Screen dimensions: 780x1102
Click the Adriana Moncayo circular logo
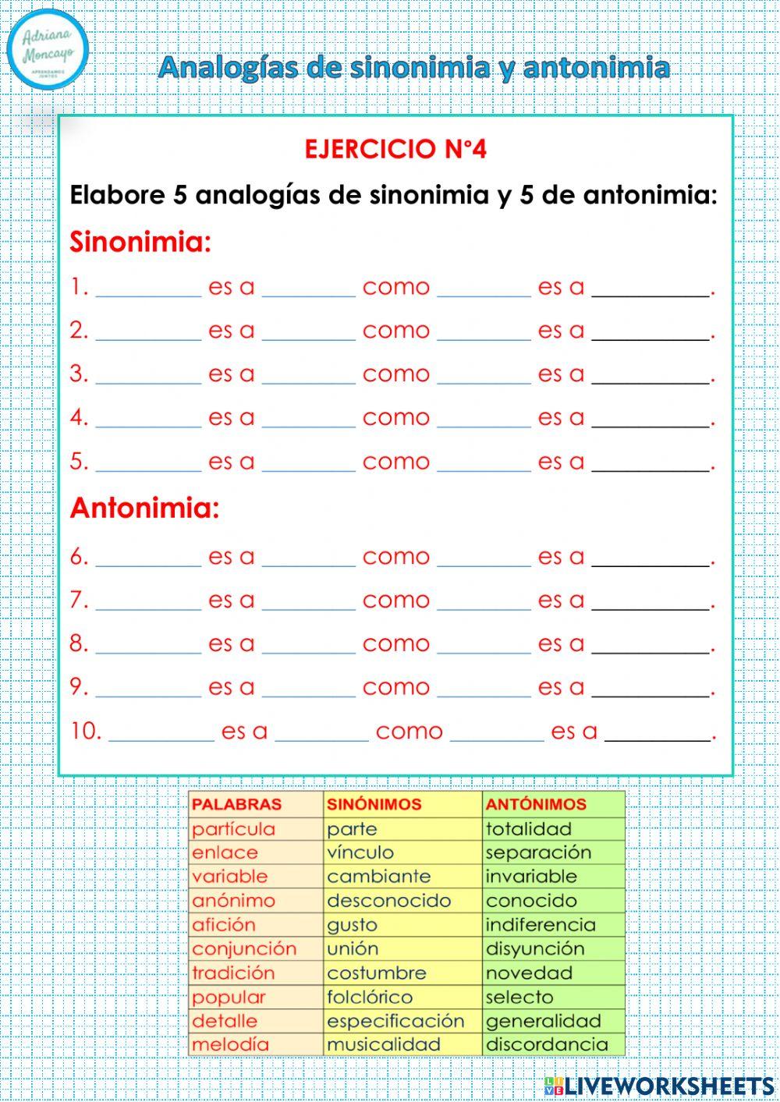[48, 49]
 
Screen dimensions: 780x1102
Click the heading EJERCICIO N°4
[395, 149]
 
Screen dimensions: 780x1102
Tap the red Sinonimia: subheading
[140, 242]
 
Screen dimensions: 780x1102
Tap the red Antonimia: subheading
[144, 508]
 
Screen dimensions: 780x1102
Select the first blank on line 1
[148, 289]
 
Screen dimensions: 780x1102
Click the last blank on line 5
[651, 463]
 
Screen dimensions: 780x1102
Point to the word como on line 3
[396, 374]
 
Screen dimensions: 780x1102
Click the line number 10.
[85, 732]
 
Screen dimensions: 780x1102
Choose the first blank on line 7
[148, 602]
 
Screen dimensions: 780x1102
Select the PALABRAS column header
[236, 805]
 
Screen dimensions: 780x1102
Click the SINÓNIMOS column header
[374, 805]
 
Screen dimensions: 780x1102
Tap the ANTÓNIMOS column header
[535, 805]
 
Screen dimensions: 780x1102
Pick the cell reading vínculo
[360, 852]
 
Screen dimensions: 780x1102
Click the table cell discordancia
[546, 1045]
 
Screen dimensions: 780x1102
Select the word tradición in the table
[233, 973]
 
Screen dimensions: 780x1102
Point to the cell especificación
[395, 1021]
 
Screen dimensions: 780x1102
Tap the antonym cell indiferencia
[540, 925]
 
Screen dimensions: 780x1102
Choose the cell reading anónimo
[233, 901]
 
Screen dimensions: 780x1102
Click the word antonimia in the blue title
[596, 68]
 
